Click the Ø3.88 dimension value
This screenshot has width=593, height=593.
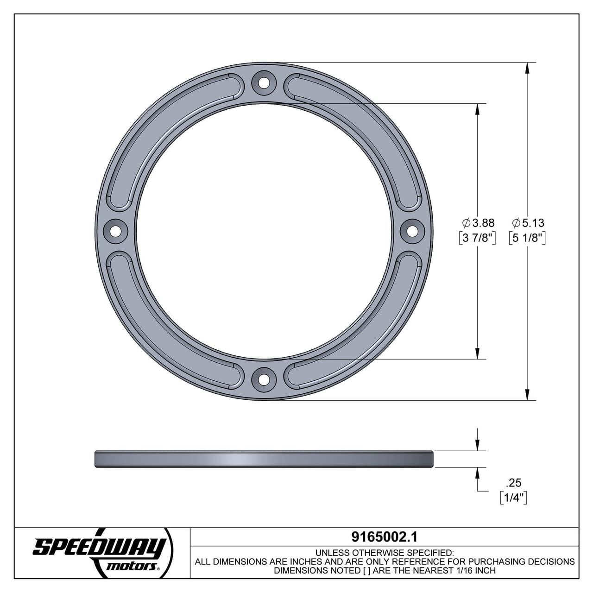pyautogui.click(x=478, y=223)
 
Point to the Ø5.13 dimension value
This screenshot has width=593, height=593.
pyautogui.click(x=528, y=223)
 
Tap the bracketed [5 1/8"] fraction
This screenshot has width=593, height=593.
pyautogui.click(x=527, y=239)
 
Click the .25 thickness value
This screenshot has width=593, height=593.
pyautogui.click(x=514, y=483)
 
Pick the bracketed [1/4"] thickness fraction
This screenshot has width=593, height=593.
pyautogui.click(x=514, y=498)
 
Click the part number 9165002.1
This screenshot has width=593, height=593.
pyautogui.click(x=385, y=536)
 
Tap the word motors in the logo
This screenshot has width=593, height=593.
pyautogui.click(x=134, y=566)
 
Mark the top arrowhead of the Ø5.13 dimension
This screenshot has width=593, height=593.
pyautogui.click(x=527, y=68)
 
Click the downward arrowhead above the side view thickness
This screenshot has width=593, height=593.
pyautogui.click(x=477, y=445)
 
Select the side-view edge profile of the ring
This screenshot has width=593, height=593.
pyautogui.click(x=264, y=459)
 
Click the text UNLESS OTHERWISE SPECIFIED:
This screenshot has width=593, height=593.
pyautogui.click(x=385, y=553)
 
